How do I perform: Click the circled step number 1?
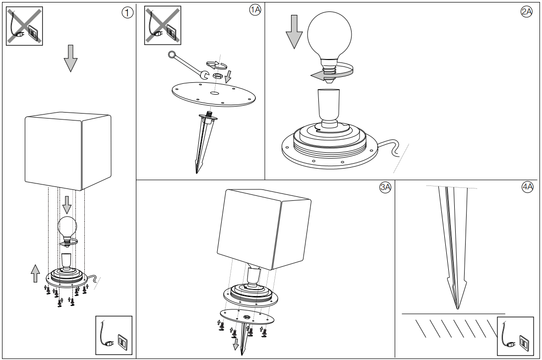click(127, 13)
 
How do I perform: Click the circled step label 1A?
click(255, 10)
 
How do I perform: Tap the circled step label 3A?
click(385, 187)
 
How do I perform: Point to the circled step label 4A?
click(527, 187)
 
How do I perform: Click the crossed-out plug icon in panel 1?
click(24, 26)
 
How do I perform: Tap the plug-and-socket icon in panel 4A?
click(515, 336)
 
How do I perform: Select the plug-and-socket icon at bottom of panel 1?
click(114, 335)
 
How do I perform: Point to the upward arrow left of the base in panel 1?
click(35, 273)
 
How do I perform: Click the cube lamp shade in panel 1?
click(67, 151)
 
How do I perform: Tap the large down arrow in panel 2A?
click(294, 31)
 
